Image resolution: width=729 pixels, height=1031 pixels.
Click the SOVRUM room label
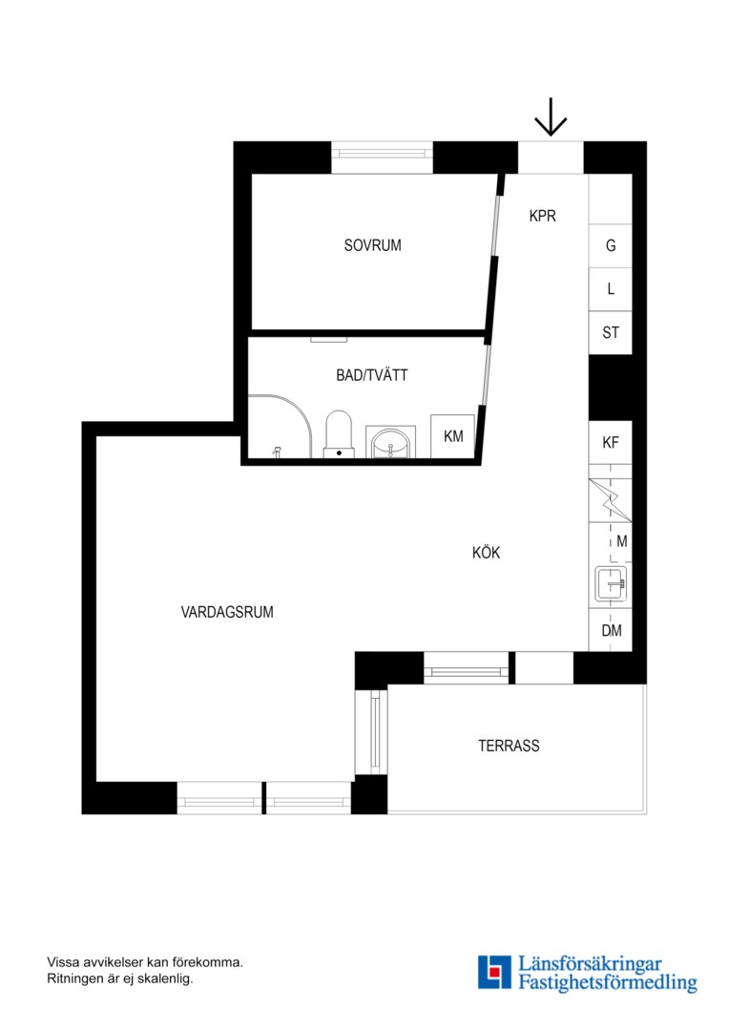[x=373, y=245]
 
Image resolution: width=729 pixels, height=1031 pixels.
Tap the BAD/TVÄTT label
[x=372, y=375]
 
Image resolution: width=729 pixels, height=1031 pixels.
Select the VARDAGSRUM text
[x=227, y=612]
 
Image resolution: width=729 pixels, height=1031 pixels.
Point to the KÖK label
[x=486, y=553]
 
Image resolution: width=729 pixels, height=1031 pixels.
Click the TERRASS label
[x=509, y=746]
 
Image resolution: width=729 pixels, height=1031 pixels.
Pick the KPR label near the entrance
[x=542, y=216]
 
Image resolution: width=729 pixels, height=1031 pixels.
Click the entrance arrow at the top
[x=551, y=116]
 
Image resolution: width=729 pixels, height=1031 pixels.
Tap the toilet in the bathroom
[x=339, y=434]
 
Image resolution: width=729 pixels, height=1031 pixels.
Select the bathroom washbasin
[x=390, y=442]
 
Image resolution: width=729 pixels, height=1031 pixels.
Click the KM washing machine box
[x=453, y=436]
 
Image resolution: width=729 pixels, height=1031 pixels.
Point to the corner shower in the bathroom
[x=280, y=426]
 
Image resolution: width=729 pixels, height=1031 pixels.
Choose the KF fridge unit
[x=610, y=443]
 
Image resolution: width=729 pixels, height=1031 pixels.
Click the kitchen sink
[x=611, y=584]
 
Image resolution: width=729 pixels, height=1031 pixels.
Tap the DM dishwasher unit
[x=611, y=630]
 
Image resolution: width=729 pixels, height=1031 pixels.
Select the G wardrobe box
[x=610, y=246]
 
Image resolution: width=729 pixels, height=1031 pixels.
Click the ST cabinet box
[x=610, y=333]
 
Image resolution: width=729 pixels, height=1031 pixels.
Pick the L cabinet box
[x=610, y=289]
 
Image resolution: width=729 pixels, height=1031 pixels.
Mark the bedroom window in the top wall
[x=382, y=158]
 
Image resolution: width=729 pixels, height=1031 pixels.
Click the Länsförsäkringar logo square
[x=494, y=973]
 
